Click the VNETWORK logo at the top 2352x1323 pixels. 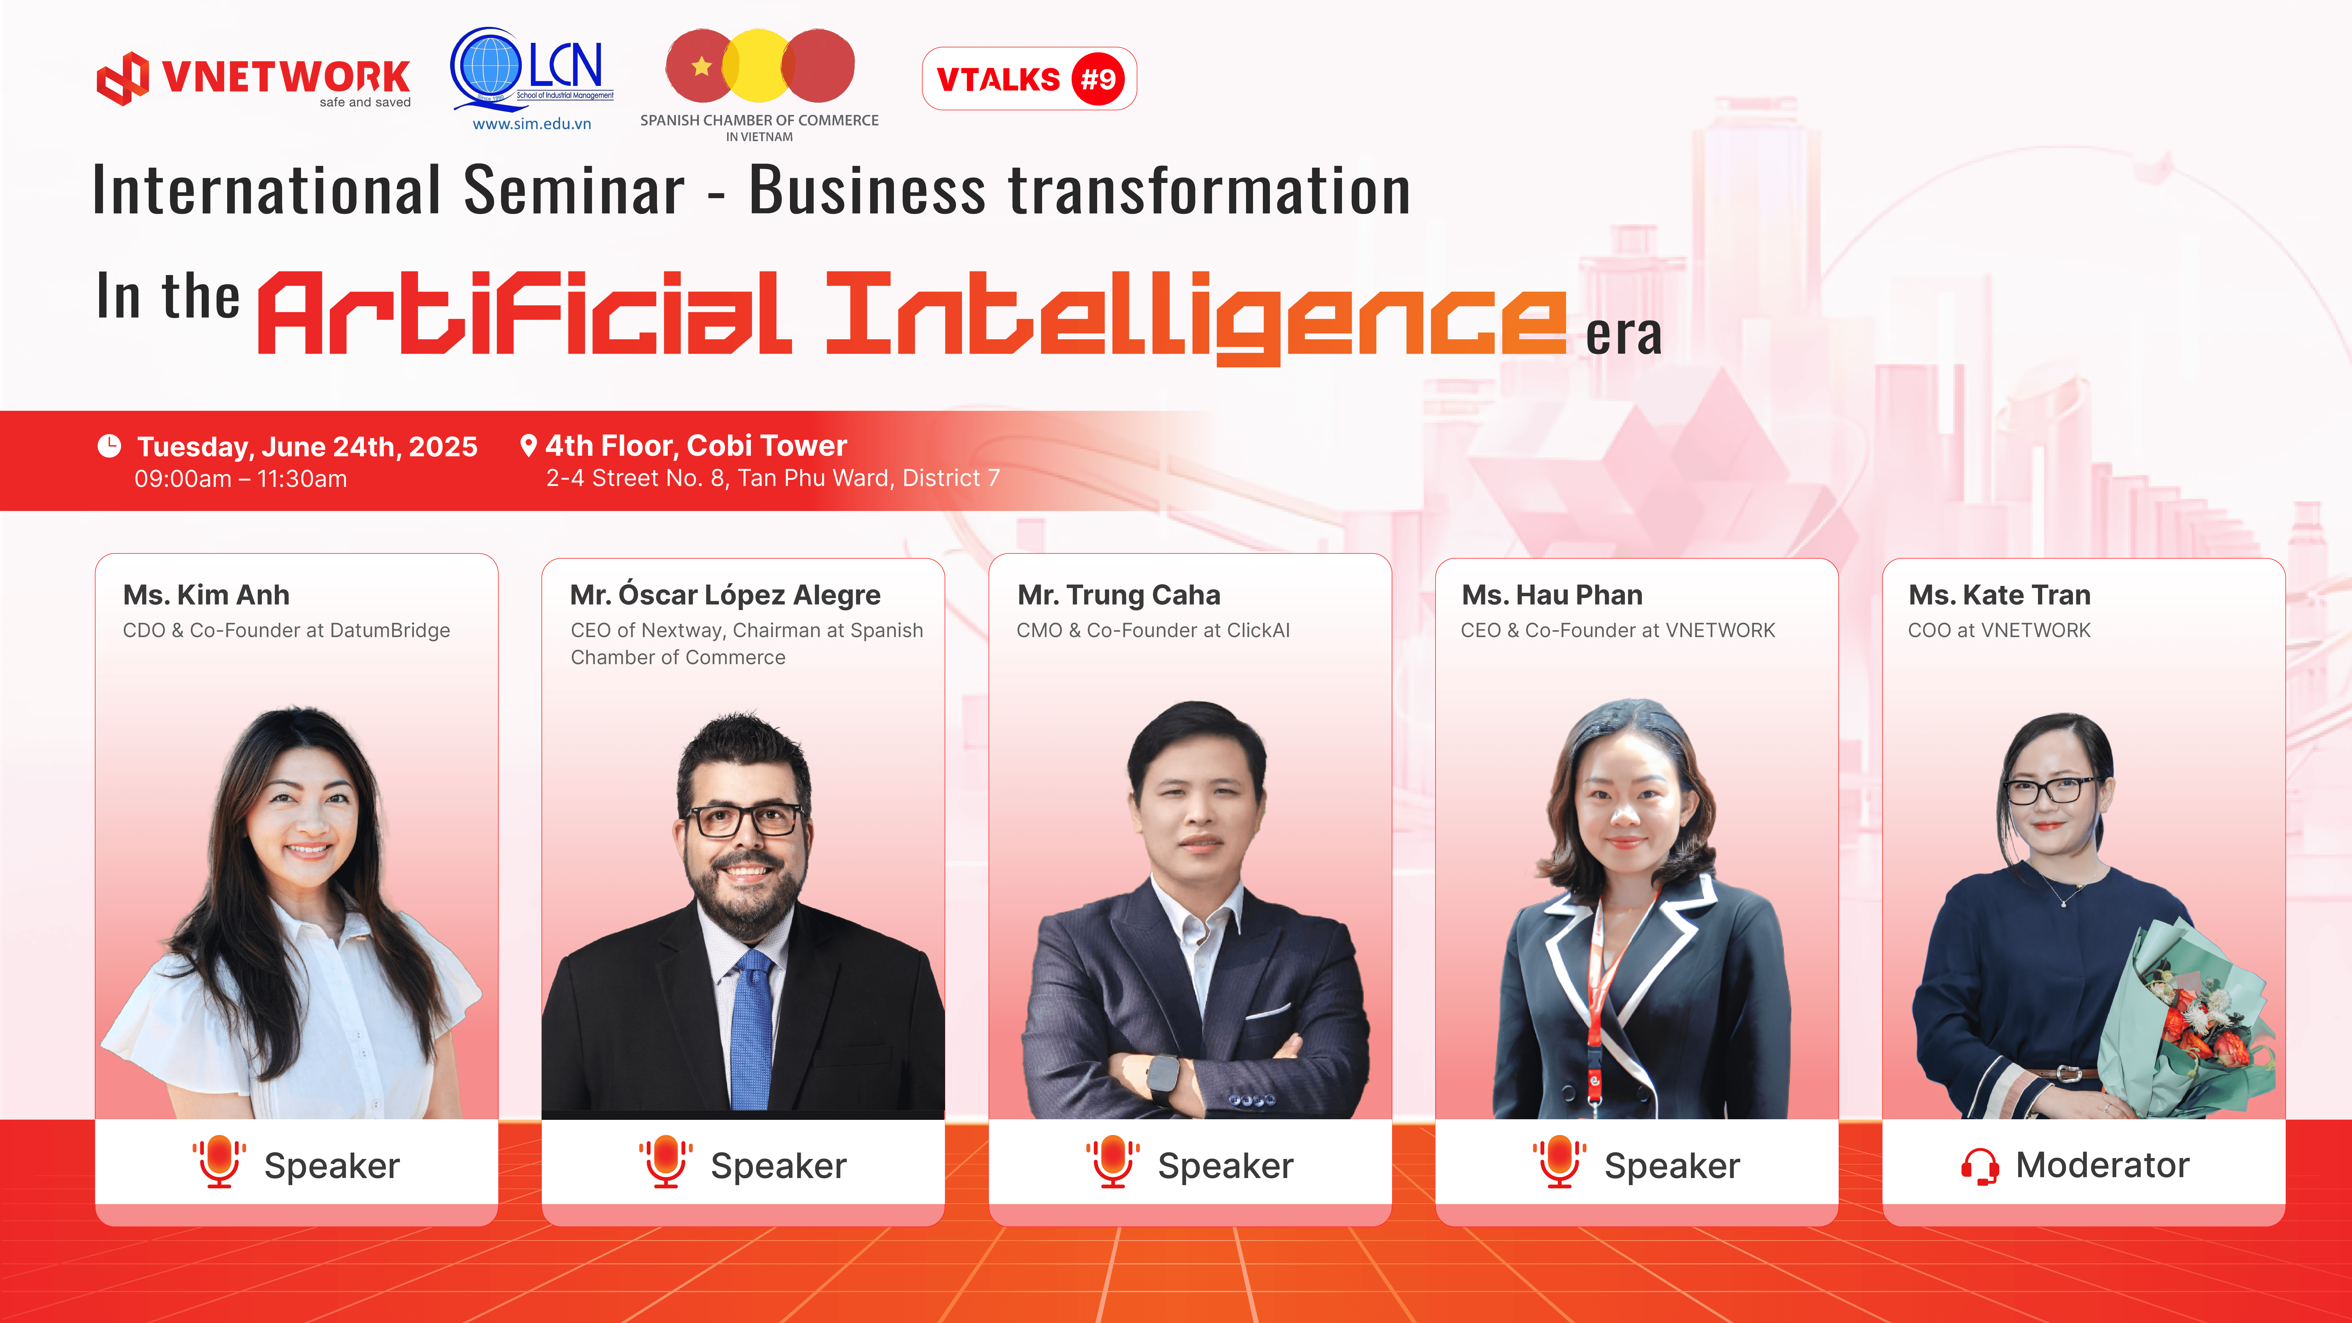pos(254,79)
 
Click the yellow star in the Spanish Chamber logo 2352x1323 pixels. pos(701,66)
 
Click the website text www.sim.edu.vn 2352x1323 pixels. pos(532,124)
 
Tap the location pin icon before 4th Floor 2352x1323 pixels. pos(528,446)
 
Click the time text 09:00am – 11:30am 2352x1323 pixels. pos(241,479)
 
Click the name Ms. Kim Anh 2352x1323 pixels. pos(206,595)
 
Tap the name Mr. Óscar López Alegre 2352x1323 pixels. pos(725,594)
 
